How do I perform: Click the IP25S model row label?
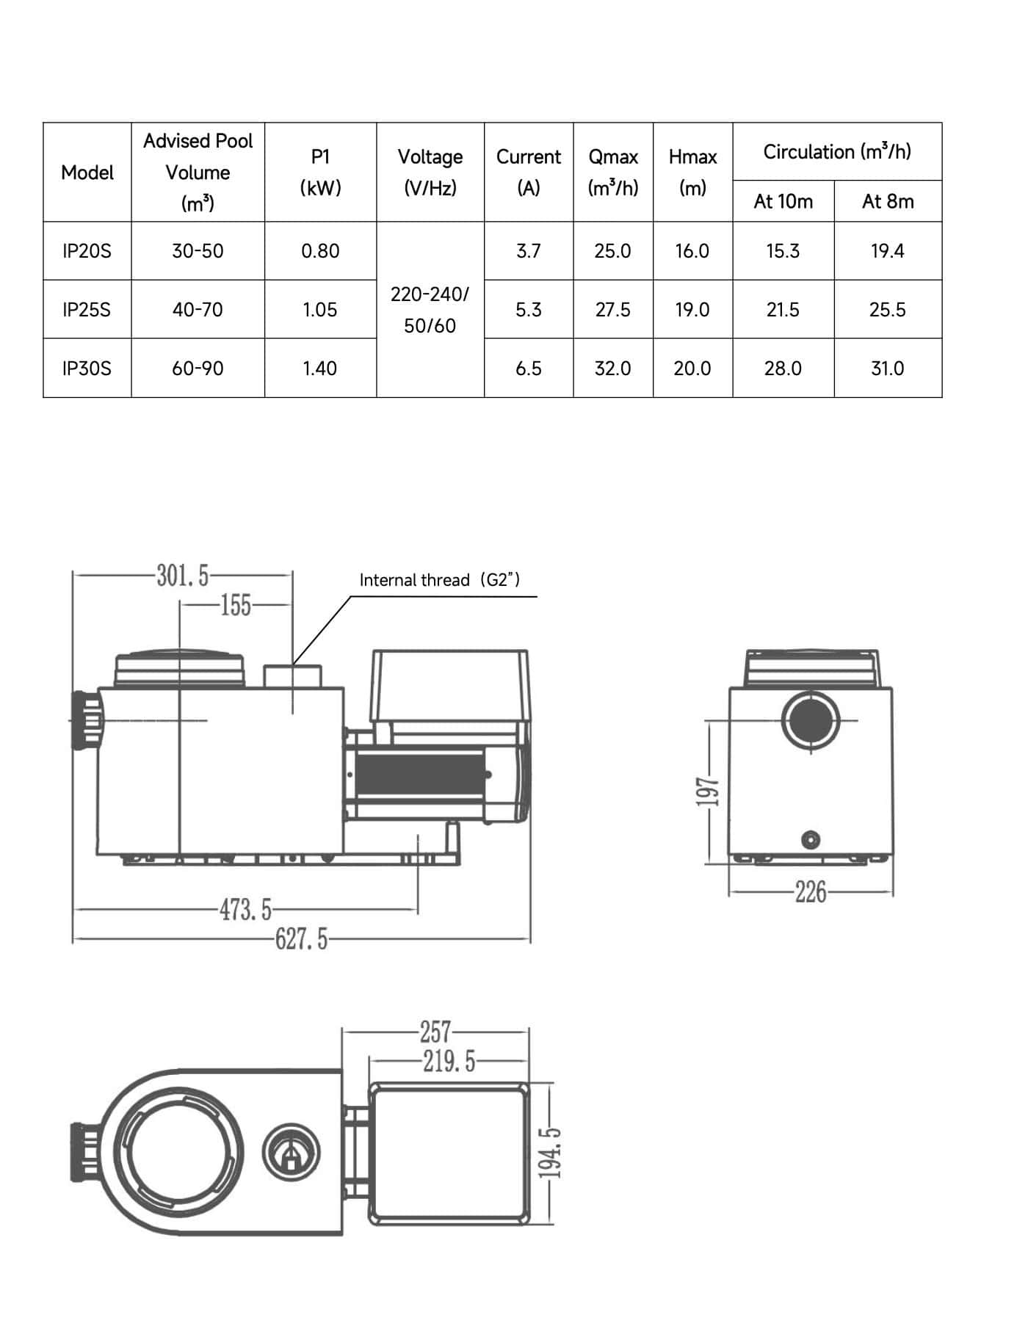87,309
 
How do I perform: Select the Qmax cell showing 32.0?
612,368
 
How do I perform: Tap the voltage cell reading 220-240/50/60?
430,309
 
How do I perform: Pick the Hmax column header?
692,172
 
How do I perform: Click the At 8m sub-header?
887,201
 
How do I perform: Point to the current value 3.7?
528,251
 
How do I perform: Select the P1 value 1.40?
319,368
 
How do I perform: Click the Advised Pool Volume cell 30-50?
198,251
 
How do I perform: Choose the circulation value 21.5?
783,309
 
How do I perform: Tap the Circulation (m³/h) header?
836,152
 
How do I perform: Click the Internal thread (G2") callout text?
439,580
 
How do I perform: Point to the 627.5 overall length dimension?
302,938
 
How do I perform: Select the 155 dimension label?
236,606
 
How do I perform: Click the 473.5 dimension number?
245,910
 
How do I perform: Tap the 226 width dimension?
811,893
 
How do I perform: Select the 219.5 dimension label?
449,1061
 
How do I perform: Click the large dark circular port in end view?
810,720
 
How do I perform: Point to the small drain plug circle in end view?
810,839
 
